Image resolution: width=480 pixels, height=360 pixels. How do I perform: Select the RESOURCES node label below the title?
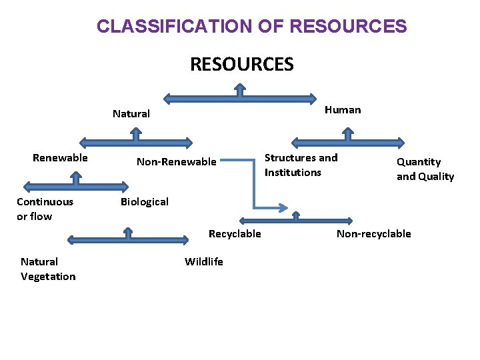pyautogui.click(x=241, y=64)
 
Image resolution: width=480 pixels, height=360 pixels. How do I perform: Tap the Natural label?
pyautogui.click(x=131, y=114)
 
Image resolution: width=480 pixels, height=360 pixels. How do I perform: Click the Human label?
pyautogui.click(x=343, y=110)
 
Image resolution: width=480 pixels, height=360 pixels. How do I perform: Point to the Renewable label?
pyautogui.click(x=60, y=158)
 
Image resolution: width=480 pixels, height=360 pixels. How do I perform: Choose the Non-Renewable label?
pyautogui.click(x=177, y=161)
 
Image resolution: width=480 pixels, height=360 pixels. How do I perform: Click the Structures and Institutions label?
pyautogui.click(x=301, y=165)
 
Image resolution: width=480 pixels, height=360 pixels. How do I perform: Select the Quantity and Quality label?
pyautogui.click(x=425, y=169)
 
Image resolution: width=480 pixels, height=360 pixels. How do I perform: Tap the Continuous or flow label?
pyautogui.click(x=45, y=209)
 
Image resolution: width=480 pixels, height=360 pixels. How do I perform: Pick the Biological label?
pyautogui.click(x=145, y=201)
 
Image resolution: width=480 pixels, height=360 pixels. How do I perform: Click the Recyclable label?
pyautogui.click(x=235, y=233)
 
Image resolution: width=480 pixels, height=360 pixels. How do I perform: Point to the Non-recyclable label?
pyautogui.click(x=373, y=233)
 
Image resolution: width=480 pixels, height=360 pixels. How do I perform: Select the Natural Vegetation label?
pyautogui.click(x=48, y=269)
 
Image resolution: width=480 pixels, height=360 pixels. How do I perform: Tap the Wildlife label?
pyautogui.click(x=204, y=261)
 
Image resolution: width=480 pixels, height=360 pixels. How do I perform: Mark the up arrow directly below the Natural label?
pyautogui.click(x=136, y=134)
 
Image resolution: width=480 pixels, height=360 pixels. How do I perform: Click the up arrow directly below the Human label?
pyautogui.click(x=348, y=135)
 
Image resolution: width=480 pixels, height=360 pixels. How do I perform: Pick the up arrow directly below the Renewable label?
pyautogui.click(x=76, y=177)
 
